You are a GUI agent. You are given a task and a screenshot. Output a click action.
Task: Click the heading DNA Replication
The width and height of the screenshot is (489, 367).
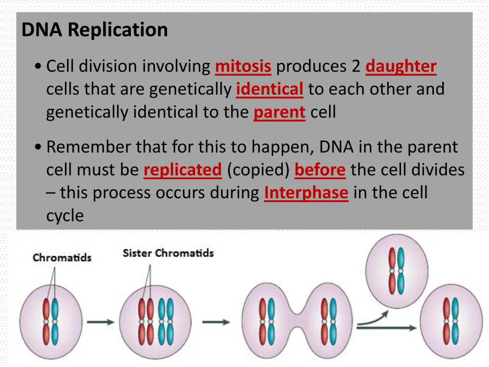pyautogui.click(x=95, y=30)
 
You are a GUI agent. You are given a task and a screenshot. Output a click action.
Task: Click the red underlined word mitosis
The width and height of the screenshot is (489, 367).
pyautogui.click(x=243, y=66)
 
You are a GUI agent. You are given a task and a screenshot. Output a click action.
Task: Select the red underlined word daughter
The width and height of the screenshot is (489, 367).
pyautogui.click(x=401, y=66)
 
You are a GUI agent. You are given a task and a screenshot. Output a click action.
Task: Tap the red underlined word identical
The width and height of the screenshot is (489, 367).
pyautogui.click(x=269, y=89)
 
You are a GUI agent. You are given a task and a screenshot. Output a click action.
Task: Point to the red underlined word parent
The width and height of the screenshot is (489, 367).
pyautogui.click(x=279, y=112)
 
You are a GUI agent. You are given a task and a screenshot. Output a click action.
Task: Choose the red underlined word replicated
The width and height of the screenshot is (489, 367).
pyautogui.click(x=183, y=170)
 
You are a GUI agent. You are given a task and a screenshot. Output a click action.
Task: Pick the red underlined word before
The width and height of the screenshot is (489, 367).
pyautogui.click(x=320, y=170)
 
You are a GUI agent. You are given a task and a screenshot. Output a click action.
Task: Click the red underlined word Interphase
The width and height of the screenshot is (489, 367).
pyautogui.click(x=306, y=193)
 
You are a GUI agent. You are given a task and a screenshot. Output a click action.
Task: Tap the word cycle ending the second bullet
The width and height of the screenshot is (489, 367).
pyautogui.click(x=65, y=216)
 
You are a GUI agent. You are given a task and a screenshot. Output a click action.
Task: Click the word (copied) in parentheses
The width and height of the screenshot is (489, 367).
pyautogui.click(x=258, y=170)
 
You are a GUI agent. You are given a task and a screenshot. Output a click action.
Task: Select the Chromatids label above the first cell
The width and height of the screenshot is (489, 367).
pyautogui.click(x=62, y=258)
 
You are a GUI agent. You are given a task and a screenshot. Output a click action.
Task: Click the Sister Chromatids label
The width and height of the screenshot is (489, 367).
pyautogui.click(x=168, y=253)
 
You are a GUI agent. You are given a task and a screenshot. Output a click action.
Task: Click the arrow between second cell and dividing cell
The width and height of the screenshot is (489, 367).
pyautogui.click(x=216, y=322)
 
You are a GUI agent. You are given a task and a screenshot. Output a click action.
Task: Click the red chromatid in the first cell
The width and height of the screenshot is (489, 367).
pyautogui.click(x=46, y=318)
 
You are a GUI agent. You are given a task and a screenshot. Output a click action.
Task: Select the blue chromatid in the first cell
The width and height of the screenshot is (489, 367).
pyautogui.click(x=55, y=318)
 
